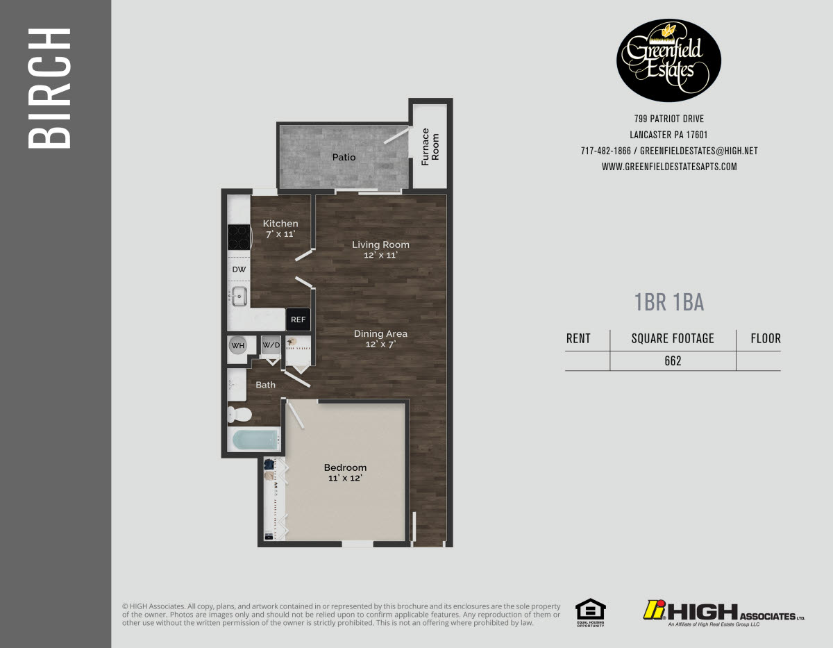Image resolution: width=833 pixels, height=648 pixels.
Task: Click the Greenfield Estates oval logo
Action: coord(668,60)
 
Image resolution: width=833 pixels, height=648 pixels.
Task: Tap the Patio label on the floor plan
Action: coord(344,158)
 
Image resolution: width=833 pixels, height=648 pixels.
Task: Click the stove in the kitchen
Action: coord(239,237)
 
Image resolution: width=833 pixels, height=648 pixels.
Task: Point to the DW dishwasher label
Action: coord(239,269)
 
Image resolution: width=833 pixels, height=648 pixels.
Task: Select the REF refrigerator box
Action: coord(298,319)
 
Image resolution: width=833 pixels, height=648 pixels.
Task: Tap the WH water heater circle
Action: coord(238,345)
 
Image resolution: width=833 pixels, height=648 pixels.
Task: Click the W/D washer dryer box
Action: coord(271,345)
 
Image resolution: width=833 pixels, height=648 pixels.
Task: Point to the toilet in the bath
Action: coord(239,415)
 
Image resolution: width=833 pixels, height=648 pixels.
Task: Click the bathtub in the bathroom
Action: coord(254,440)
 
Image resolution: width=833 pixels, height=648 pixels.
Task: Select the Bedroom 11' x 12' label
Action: coord(345,472)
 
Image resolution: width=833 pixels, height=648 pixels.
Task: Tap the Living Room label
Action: coord(380,249)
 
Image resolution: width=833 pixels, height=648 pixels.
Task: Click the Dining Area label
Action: coord(380,338)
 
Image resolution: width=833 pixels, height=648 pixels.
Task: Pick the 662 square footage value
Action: coord(673,361)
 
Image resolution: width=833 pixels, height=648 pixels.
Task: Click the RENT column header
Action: coord(578,339)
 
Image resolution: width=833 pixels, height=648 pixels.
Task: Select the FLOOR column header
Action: coord(766,339)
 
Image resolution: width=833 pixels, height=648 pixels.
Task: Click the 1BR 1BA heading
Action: coord(669,302)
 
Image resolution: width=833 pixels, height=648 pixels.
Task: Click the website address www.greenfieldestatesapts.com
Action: coord(669,167)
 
